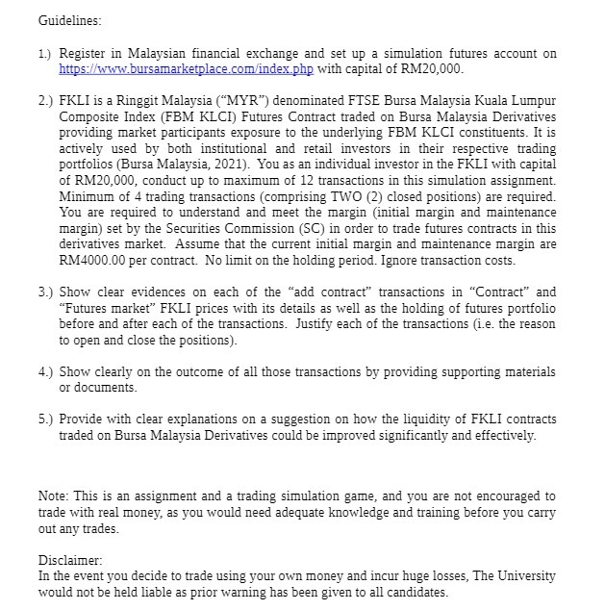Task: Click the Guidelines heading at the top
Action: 69,20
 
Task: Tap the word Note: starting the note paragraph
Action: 55,496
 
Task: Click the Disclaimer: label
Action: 70,560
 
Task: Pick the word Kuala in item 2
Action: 490,101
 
